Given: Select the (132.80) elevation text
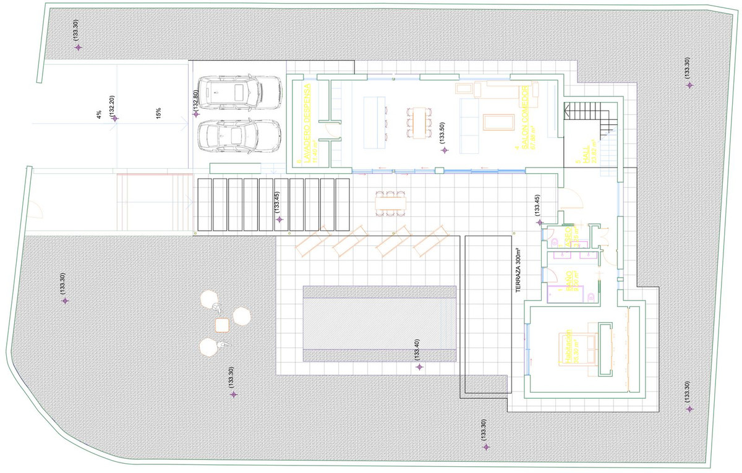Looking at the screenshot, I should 195,101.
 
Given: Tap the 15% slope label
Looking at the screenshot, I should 159,114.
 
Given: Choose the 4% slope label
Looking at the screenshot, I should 99,114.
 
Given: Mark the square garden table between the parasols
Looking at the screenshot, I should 222,325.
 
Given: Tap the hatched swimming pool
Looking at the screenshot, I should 379,324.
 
